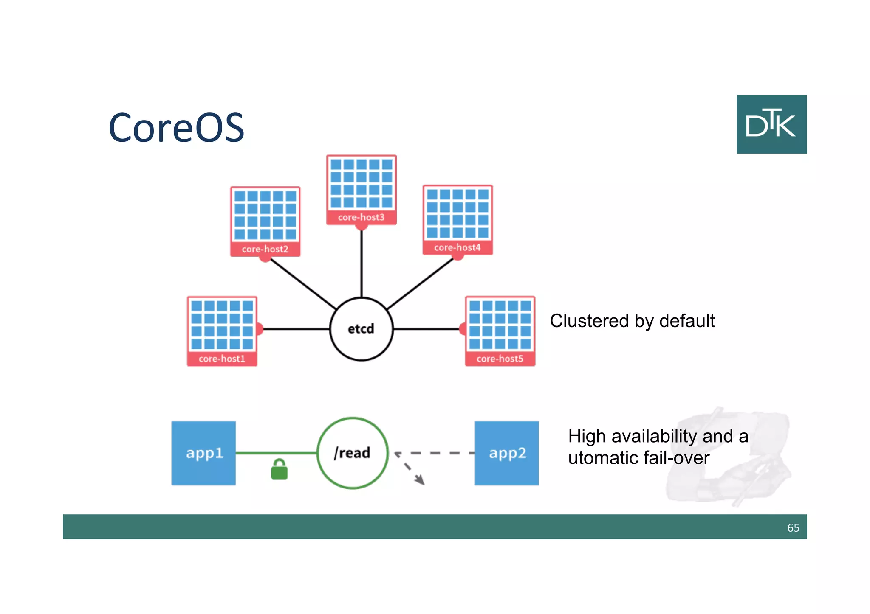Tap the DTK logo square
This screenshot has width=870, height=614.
(771, 124)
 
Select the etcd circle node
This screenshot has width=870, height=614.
(361, 329)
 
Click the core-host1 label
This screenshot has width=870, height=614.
(222, 359)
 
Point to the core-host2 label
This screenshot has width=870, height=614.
(265, 249)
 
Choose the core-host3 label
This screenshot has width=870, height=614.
(361, 217)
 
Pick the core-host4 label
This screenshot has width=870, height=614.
(457, 247)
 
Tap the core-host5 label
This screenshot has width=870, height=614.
(500, 359)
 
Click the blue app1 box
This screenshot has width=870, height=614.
(203, 453)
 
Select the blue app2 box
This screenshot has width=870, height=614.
(506, 453)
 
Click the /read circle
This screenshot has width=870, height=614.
(352, 453)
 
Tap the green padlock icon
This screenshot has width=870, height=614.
(279, 470)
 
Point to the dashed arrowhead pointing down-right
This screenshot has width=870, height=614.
(420, 480)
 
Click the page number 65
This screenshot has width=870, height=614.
(793, 527)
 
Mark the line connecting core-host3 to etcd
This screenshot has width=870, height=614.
(361, 263)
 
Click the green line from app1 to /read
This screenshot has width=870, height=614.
(276, 453)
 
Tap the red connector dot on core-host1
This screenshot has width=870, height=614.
(259, 329)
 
